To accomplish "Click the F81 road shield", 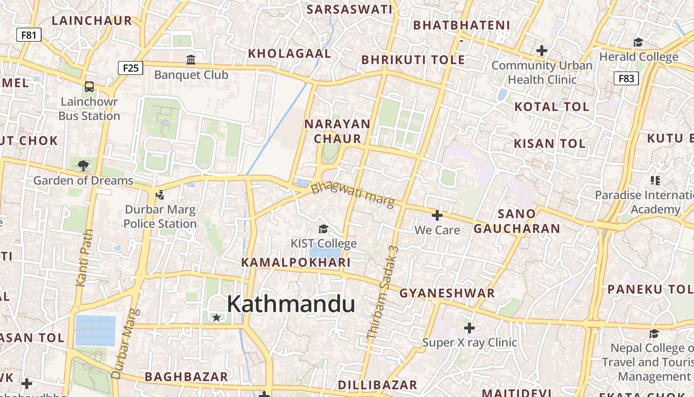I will (x=29, y=35).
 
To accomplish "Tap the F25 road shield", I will (x=130, y=67).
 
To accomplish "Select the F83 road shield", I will (x=626, y=78).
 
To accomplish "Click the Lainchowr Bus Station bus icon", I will (x=89, y=87).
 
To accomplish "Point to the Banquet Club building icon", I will (x=191, y=60).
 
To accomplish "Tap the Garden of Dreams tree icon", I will (x=83, y=165).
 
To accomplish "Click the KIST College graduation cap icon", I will (x=323, y=228).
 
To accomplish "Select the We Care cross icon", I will (x=437, y=215).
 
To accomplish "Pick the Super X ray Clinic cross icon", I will (x=469, y=328).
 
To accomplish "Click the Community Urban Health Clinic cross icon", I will (x=542, y=50).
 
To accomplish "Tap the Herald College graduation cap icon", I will (x=638, y=42).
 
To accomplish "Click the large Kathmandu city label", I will (x=291, y=304).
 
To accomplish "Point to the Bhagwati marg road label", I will (x=352, y=195).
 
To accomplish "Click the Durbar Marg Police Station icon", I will (x=160, y=195).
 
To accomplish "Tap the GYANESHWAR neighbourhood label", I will (x=447, y=293).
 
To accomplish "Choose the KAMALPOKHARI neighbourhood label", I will (x=296, y=262).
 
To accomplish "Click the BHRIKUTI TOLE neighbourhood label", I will (x=413, y=60).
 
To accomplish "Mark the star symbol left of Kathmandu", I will (x=216, y=317).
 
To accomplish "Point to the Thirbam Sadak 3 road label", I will (x=382, y=293).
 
